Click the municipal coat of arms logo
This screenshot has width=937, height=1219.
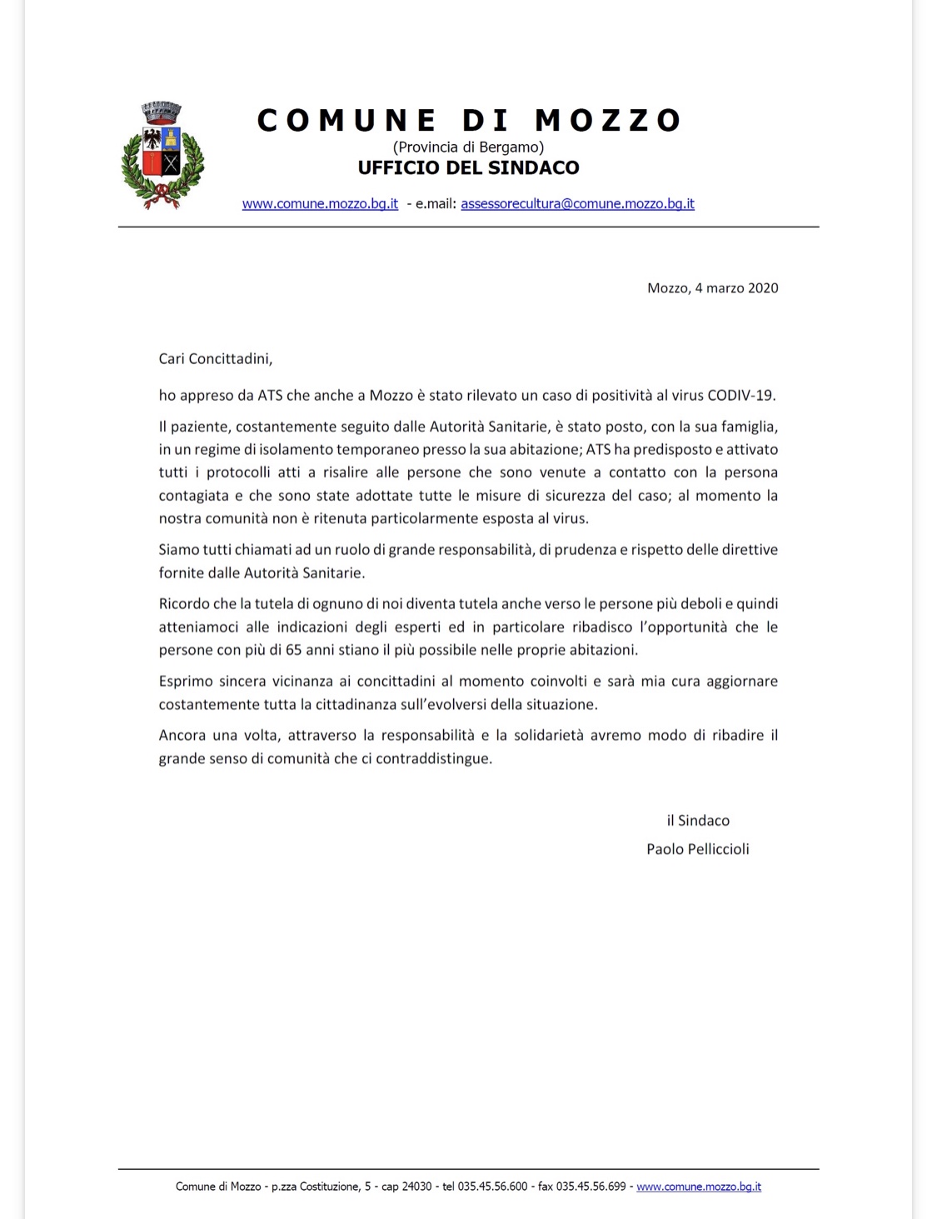[162, 155]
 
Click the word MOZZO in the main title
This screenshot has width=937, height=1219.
[608, 121]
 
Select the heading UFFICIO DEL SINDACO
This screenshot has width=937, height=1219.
[468, 168]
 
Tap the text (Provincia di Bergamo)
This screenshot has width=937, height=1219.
[468, 147]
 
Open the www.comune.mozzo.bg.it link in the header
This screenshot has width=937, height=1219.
[320, 204]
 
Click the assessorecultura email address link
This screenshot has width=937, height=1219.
[577, 204]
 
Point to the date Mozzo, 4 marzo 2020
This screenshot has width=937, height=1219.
[712, 288]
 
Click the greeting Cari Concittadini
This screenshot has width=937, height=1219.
[215, 359]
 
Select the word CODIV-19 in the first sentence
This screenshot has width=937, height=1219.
[740, 396]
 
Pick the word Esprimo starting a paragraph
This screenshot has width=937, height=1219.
[186, 682]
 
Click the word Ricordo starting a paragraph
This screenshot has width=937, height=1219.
[184, 604]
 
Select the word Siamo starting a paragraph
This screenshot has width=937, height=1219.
[178, 550]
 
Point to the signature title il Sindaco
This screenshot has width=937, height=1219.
[698, 821]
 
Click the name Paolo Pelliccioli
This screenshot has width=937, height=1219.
[698, 850]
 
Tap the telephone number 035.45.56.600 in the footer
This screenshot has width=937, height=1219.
[492, 1187]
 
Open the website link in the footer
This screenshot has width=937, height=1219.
[699, 1187]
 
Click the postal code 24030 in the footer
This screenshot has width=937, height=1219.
[416, 1187]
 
